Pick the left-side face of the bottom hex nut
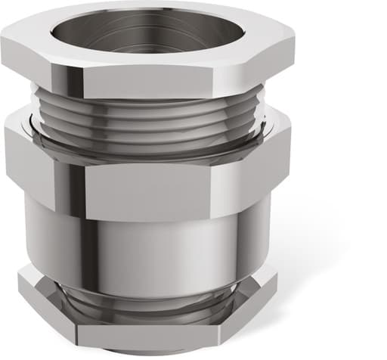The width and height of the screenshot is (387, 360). click(x=45, y=306)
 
